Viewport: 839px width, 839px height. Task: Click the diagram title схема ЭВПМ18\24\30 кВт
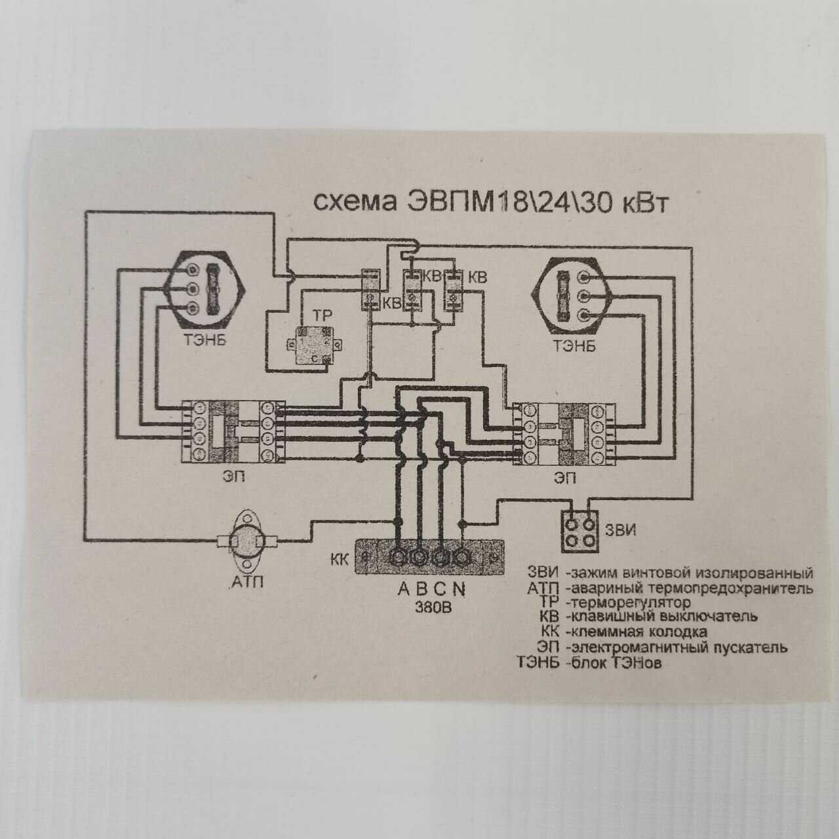coord(490,203)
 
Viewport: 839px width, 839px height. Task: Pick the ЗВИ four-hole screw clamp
coord(581,532)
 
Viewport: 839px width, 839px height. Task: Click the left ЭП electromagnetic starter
coord(233,433)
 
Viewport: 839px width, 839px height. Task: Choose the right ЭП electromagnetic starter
coord(564,435)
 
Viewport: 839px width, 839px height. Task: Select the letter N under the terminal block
coord(460,589)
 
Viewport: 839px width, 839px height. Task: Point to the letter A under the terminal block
coord(404,589)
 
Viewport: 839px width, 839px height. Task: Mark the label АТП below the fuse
coord(247,581)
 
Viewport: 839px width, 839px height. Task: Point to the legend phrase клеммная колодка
coord(639,633)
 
